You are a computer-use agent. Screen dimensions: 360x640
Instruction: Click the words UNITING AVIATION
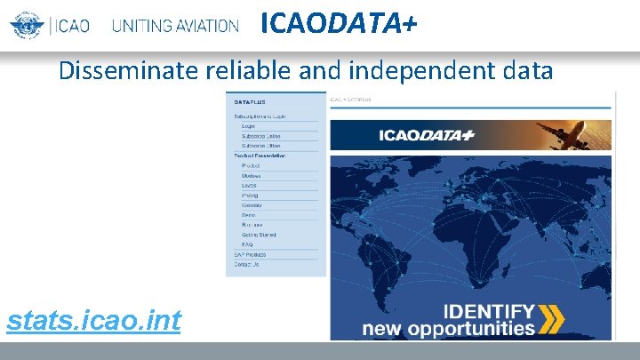(175, 26)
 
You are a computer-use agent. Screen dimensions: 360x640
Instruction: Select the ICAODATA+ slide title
(338, 24)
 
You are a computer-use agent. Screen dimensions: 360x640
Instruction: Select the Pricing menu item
(251, 195)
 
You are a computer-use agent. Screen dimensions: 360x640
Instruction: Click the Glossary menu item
(252, 204)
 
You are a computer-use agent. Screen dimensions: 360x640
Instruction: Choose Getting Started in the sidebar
(259, 235)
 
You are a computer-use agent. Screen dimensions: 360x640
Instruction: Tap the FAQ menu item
(247, 244)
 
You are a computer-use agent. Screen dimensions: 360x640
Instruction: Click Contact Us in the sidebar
(246, 264)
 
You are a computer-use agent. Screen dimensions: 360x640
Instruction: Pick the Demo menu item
(249, 215)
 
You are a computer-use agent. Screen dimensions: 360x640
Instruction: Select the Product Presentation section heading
(260, 156)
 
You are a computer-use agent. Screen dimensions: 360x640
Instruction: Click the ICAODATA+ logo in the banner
(427, 135)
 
